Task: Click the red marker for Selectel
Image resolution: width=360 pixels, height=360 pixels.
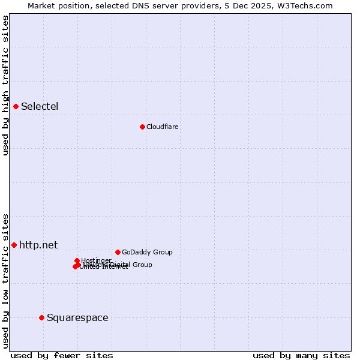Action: coord(16,106)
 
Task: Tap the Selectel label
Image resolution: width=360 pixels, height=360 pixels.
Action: coord(40,107)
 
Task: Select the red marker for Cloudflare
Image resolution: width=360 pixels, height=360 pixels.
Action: coord(142,127)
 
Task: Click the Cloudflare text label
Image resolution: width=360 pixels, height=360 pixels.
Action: coord(163,127)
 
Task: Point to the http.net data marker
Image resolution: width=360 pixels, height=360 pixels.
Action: coord(14,245)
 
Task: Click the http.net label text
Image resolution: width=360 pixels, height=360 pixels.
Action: coord(38,245)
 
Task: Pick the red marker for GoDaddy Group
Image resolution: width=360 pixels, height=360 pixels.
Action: coord(118,252)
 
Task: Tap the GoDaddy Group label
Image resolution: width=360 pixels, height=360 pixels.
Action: coord(147,252)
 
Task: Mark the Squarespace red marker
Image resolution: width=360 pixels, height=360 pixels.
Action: coord(41,317)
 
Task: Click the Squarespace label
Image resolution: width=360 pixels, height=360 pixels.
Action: coord(77,317)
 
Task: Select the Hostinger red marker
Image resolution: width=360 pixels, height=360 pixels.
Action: coord(77,260)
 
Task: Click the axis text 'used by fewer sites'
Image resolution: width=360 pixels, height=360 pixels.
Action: coord(62,355)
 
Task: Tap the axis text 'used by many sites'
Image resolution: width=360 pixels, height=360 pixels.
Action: coord(301,355)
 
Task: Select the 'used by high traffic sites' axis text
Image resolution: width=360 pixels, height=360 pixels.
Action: coord(5,86)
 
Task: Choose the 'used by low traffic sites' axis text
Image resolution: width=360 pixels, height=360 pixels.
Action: coord(5,280)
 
